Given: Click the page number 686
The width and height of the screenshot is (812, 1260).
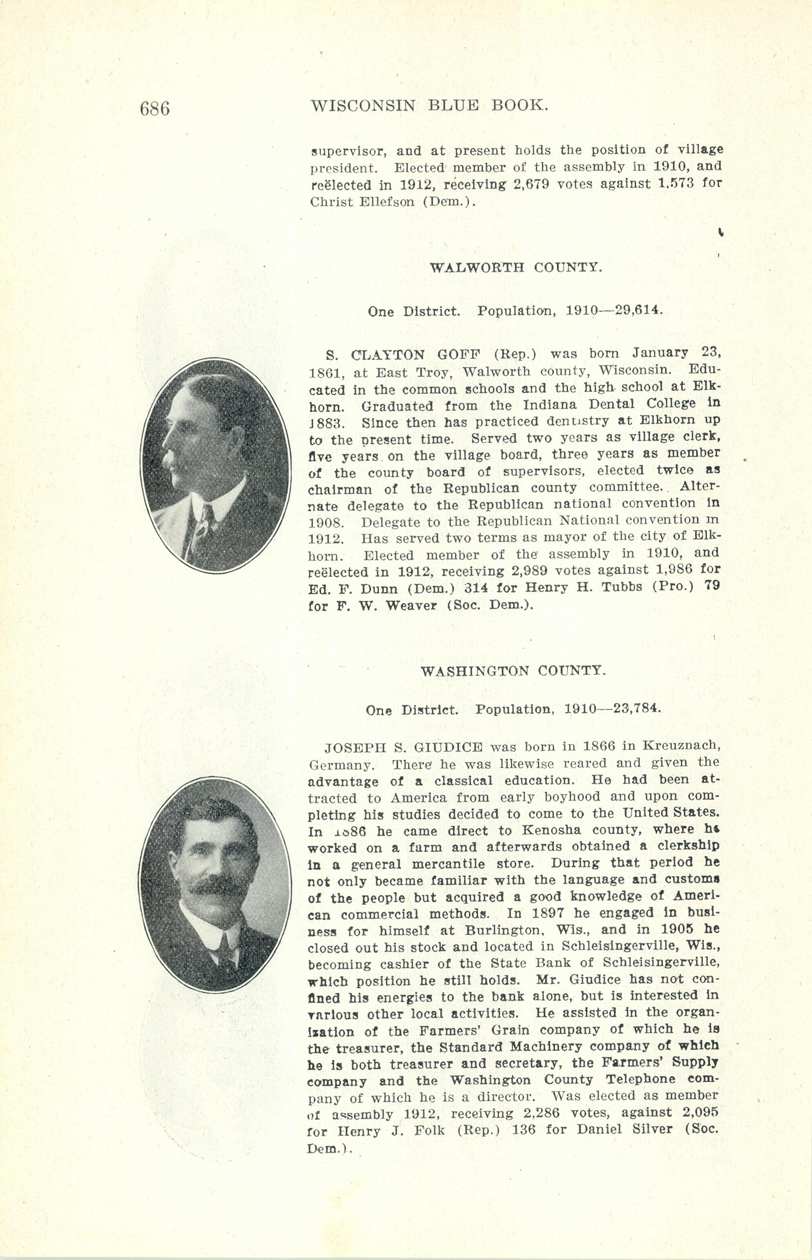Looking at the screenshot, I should (x=155, y=108).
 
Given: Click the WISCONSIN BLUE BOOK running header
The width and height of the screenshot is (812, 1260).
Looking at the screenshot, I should (x=430, y=105).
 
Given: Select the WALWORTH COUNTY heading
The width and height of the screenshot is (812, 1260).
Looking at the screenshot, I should (x=516, y=267).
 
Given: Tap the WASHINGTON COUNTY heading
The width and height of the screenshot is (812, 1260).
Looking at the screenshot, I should (x=513, y=671).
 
